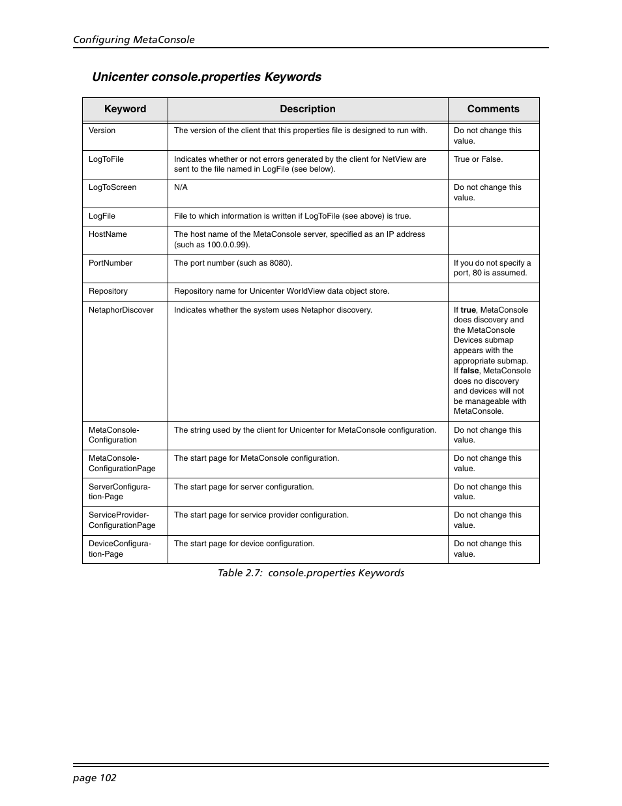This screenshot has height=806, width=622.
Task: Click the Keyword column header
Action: tap(125, 109)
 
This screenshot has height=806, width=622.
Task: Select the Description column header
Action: tap(308, 109)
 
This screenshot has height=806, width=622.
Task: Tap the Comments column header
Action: tap(494, 109)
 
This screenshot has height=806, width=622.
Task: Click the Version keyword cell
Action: tap(102, 131)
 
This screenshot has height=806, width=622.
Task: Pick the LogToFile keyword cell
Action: tap(106, 159)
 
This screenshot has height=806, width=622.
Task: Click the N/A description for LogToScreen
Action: tap(181, 187)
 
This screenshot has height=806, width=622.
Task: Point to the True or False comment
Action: tap(479, 159)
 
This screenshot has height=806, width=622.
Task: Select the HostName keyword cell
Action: tap(108, 234)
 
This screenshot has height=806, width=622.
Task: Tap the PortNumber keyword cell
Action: tap(110, 263)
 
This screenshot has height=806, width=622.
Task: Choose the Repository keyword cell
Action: tap(108, 291)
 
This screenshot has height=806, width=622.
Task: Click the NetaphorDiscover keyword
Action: tap(121, 310)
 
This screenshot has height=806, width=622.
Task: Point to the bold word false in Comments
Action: tap(469, 371)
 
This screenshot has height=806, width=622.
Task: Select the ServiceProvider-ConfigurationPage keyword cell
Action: tap(122, 520)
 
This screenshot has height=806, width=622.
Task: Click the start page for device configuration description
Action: tap(244, 544)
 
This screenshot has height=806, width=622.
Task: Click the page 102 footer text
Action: tap(95, 777)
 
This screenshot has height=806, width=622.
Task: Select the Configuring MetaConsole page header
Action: tap(134, 39)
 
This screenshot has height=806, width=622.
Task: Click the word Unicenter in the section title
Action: tap(120, 77)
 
